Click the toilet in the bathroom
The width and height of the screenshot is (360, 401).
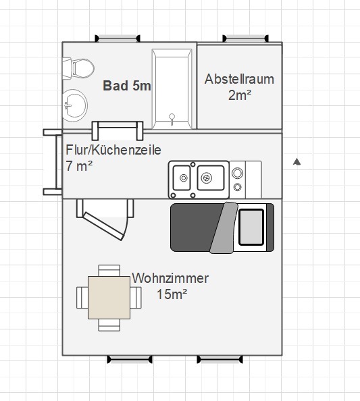(78, 69)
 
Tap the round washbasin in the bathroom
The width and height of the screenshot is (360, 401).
(75, 105)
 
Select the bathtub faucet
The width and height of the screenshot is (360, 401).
(172, 119)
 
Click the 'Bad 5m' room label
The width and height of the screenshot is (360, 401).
(127, 86)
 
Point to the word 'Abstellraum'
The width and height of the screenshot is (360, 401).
(239, 79)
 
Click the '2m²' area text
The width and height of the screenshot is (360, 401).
(240, 95)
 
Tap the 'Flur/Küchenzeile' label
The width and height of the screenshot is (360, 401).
(113, 150)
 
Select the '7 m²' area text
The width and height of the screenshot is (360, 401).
(79, 166)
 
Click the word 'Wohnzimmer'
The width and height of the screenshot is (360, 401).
(170, 278)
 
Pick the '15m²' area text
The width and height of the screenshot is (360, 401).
(172, 294)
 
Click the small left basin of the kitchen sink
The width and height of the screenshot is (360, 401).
(182, 178)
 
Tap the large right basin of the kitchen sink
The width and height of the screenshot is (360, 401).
(211, 178)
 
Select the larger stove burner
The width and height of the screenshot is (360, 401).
(238, 173)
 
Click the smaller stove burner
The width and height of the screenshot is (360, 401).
(238, 187)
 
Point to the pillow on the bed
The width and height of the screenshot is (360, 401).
(251, 227)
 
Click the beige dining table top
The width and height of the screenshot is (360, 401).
(109, 298)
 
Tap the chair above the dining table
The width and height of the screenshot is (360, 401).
(109, 271)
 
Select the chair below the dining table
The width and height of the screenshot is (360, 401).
(109, 325)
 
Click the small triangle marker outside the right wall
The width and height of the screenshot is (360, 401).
(297, 162)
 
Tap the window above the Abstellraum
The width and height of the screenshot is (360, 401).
(245, 38)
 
